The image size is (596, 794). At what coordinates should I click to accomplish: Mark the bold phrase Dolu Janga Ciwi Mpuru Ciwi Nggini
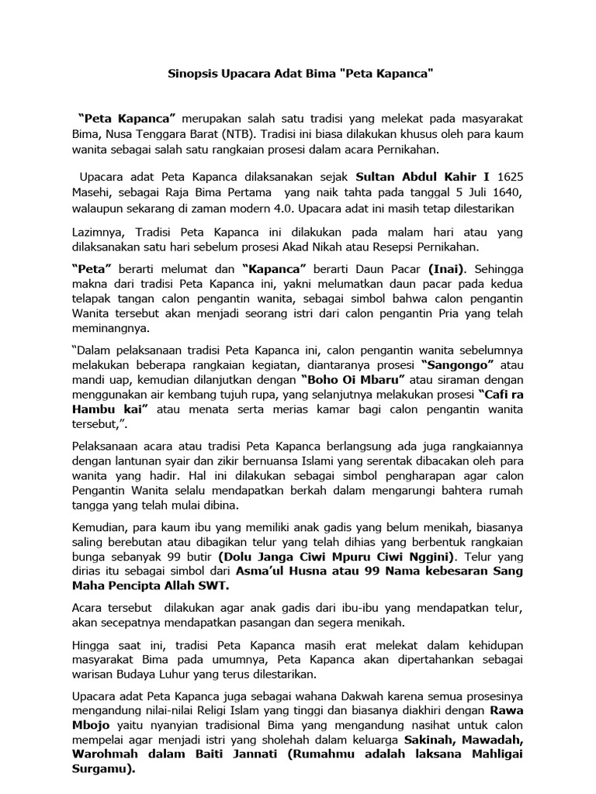(334, 556)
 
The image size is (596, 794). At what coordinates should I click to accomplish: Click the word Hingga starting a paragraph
(91, 646)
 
